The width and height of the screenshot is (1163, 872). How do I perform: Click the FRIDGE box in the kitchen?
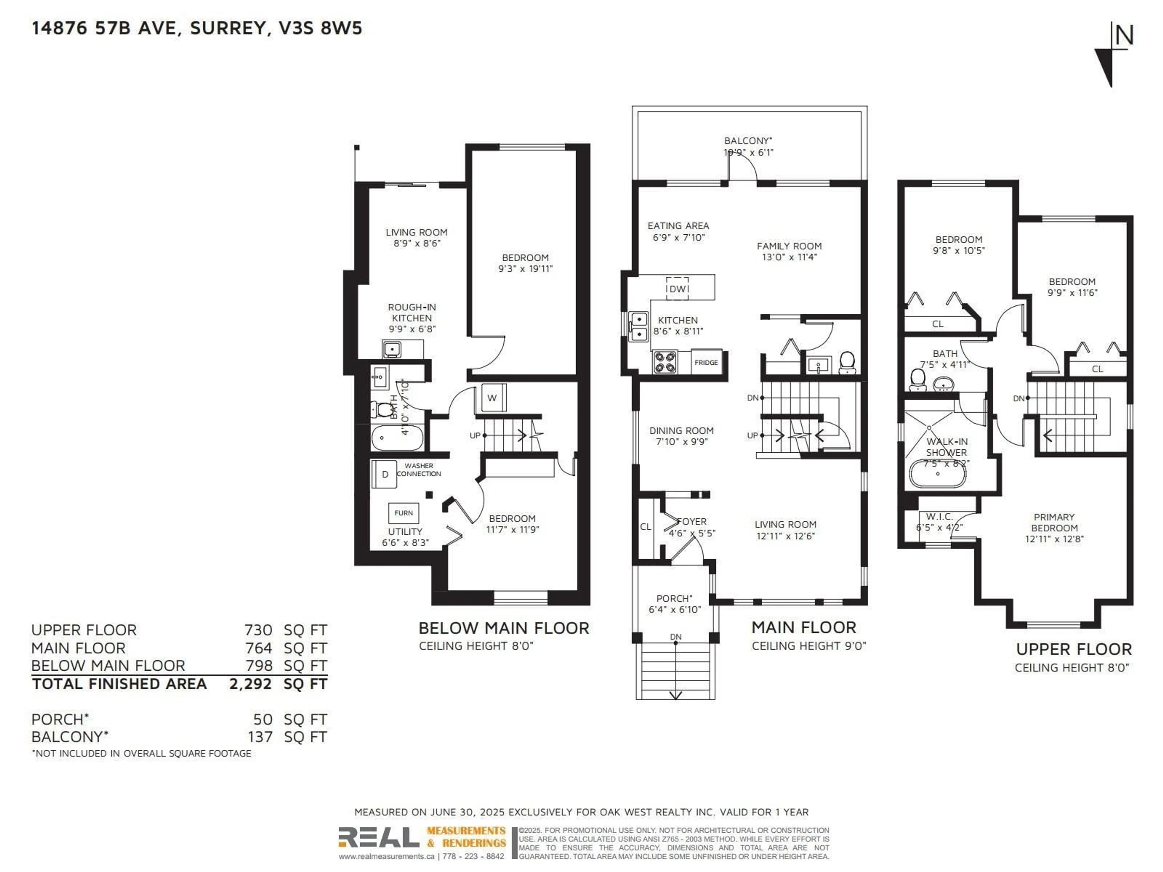coord(706,362)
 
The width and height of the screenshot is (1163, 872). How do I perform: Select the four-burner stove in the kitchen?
coord(665,362)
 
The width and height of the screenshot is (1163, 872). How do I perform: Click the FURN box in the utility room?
coord(403,513)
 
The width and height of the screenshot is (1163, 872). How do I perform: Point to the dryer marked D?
coord(384,474)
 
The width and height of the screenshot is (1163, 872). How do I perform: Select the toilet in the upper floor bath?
coord(917,379)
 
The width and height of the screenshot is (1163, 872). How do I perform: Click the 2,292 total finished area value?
coord(250,684)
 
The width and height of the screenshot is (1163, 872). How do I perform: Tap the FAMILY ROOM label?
coord(789,246)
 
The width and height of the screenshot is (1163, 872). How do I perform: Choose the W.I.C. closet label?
coord(939,517)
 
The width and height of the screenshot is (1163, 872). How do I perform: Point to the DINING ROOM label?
coord(681,431)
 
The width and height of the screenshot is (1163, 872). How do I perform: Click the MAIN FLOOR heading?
coord(803,627)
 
